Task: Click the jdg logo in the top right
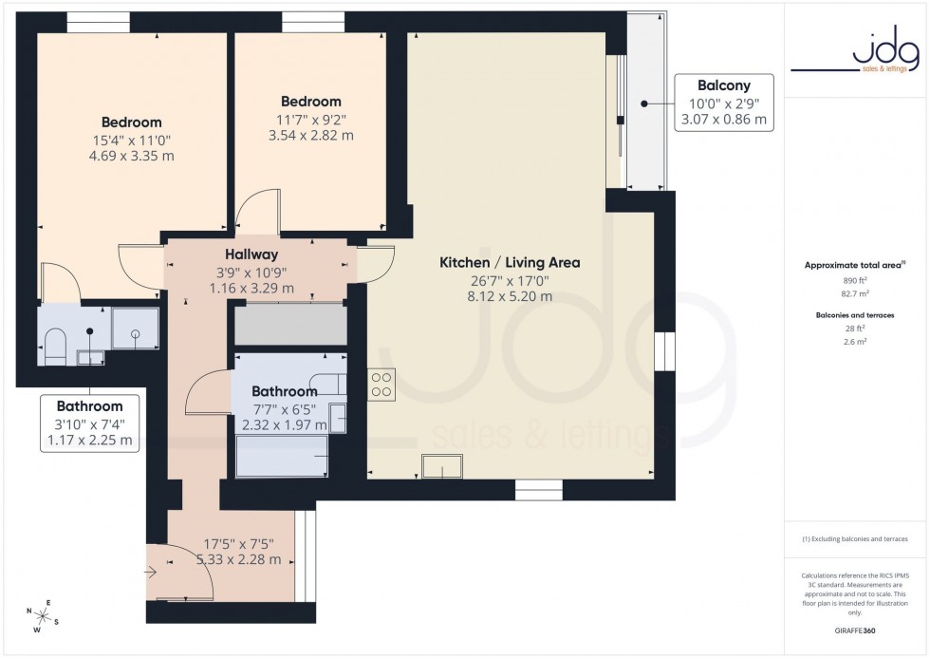856,52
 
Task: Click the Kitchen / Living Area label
510,263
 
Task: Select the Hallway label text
251,254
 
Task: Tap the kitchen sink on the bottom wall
442,466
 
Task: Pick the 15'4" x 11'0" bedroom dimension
132,140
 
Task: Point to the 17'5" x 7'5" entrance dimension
239,544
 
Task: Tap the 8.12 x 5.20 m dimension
510,296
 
